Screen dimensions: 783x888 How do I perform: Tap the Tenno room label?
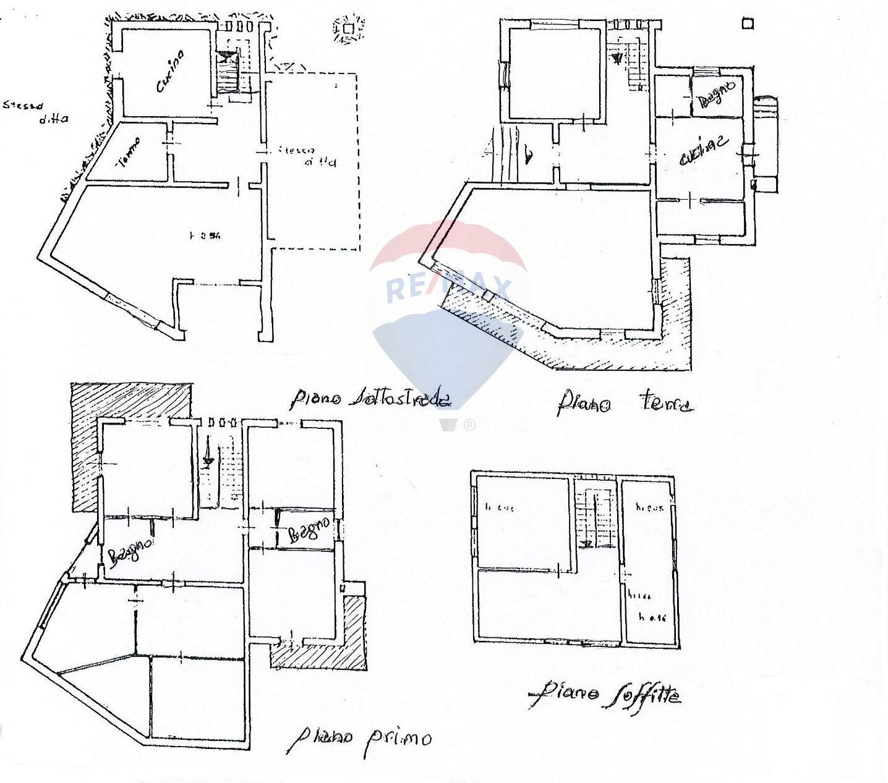(x=129, y=152)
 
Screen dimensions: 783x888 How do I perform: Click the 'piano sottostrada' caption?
(x=370, y=399)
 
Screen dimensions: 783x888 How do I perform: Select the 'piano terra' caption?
(x=624, y=403)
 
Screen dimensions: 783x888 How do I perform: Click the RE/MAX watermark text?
(x=449, y=289)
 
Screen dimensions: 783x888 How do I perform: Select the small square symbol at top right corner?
(x=748, y=24)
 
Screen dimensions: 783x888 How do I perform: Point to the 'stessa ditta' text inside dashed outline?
(x=307, y=156)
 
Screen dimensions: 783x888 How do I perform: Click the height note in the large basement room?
(x=205, y=235)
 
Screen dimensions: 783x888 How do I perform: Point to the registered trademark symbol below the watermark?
(x=469, y=425)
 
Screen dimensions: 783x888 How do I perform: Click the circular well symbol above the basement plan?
(x=348, y=28)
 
